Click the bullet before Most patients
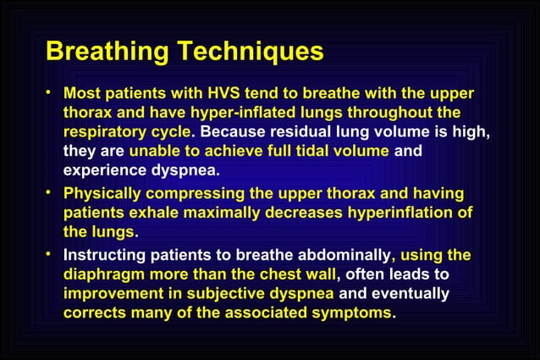[x=51, y=91]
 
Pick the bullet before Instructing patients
[x=51, y=253]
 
